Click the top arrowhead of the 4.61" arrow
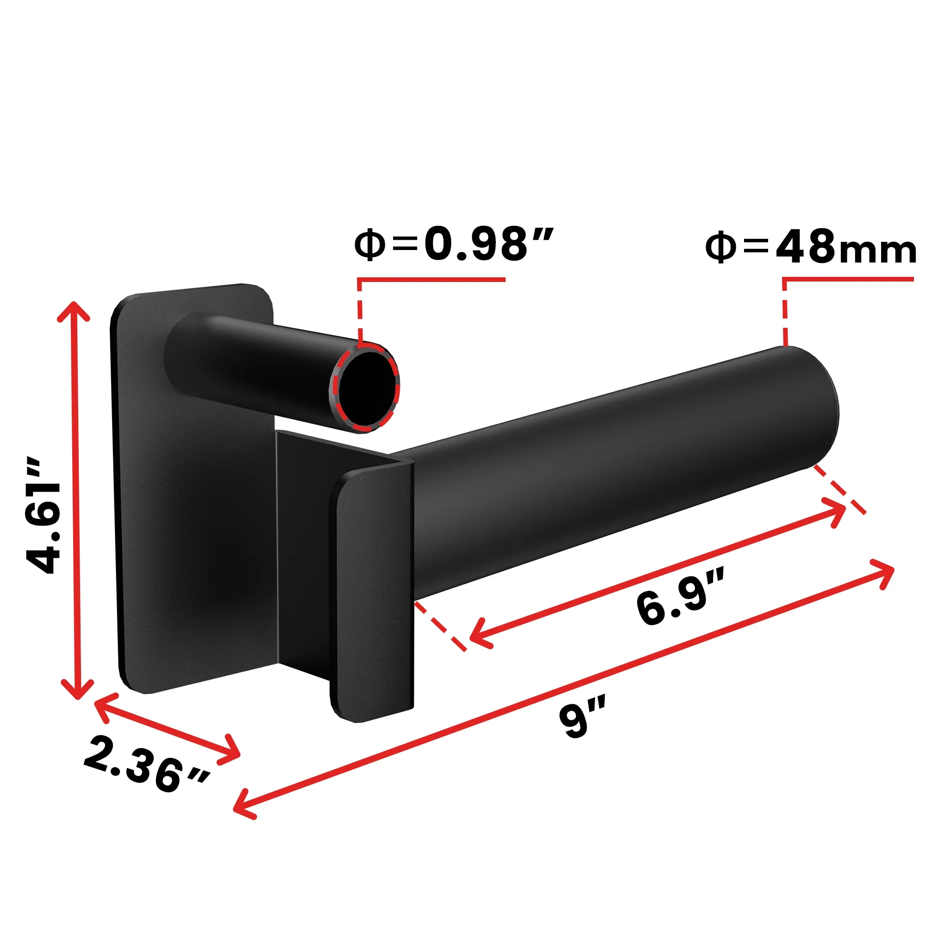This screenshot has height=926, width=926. [x=73, y=309]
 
